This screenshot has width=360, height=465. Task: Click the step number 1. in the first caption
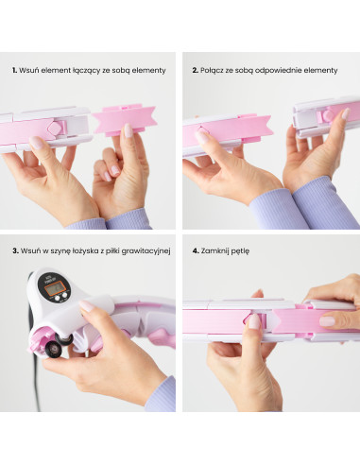14,70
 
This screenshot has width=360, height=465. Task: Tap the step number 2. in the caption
195,70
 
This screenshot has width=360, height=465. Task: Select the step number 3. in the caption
15,251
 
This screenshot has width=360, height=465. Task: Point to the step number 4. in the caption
196,251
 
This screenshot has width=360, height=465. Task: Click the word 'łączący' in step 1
86,71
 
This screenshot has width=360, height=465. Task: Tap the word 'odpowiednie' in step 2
277,71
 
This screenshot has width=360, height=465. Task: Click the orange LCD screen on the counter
54,289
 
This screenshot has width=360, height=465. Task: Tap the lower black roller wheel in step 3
52,349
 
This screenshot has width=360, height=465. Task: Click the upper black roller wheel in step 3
63,339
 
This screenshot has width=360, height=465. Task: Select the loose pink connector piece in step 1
125,120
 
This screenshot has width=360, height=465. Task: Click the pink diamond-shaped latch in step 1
54,129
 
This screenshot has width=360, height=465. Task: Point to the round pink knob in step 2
328,115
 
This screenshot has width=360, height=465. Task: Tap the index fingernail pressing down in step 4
254,321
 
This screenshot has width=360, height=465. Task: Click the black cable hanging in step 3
36,371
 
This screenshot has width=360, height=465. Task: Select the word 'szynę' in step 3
53,251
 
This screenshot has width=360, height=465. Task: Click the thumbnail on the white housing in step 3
86,305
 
